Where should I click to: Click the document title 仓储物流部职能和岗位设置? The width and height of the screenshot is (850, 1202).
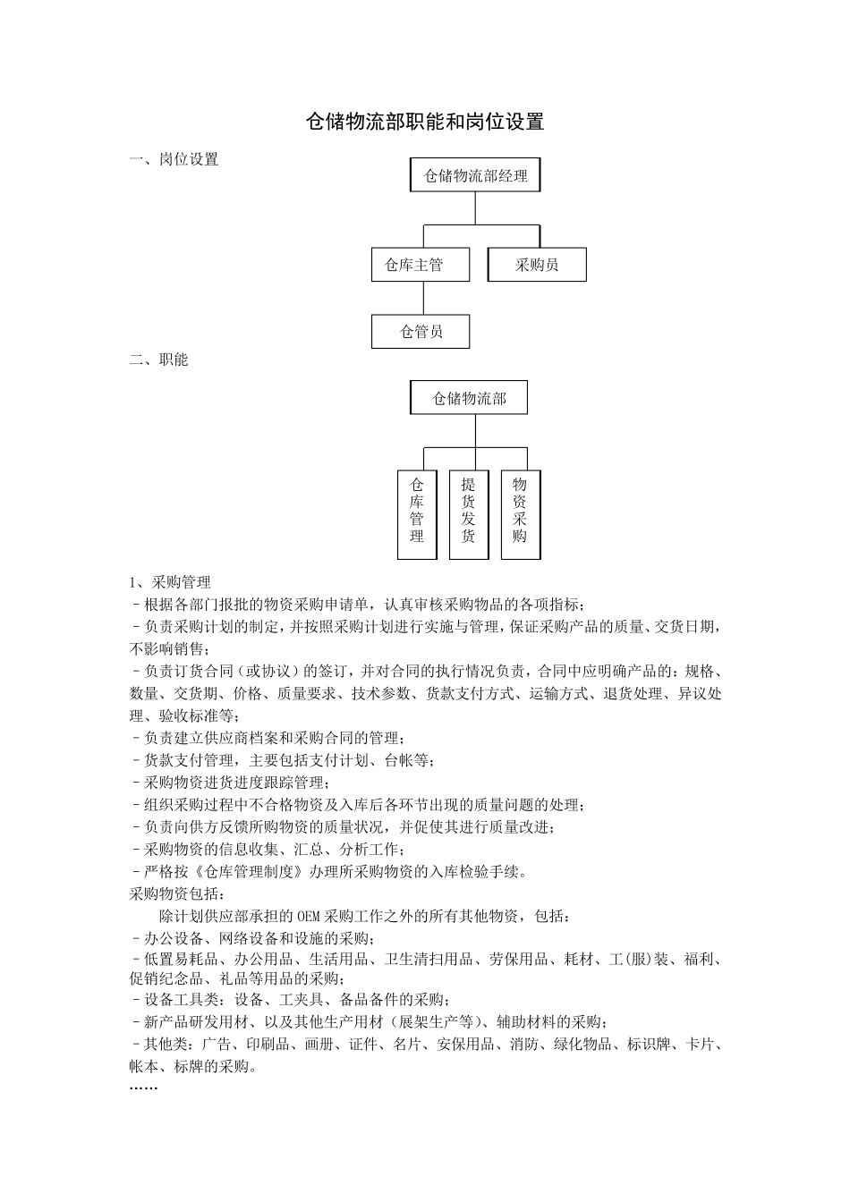[x=425, y=122]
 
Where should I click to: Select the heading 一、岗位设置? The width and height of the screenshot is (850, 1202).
[x=174, y=160]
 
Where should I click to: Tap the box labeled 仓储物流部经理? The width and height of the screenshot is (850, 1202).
[x=475, y=176]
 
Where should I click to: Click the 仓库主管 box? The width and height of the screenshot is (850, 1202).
[x=420, y=265]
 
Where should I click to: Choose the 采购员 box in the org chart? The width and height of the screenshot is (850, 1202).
[x=537, y=265]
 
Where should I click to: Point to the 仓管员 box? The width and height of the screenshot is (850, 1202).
[x=420, y=332]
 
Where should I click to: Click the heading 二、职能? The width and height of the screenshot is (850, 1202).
[x=159, y=360]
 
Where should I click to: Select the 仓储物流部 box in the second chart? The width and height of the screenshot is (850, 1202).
[x=469, y=398]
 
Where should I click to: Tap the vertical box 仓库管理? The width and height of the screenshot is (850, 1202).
[x=417, y=514]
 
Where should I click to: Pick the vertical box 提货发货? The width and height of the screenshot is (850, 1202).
[x=469, y=514]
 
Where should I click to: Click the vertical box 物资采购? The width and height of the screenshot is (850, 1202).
[x=520, y=514]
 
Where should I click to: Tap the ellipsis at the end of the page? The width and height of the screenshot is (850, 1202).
[x=143, y=1088]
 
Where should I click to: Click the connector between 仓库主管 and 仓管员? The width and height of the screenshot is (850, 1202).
[x=420, y=298]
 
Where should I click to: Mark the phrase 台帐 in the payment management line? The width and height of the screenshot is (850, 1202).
[x=398, y=761]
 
